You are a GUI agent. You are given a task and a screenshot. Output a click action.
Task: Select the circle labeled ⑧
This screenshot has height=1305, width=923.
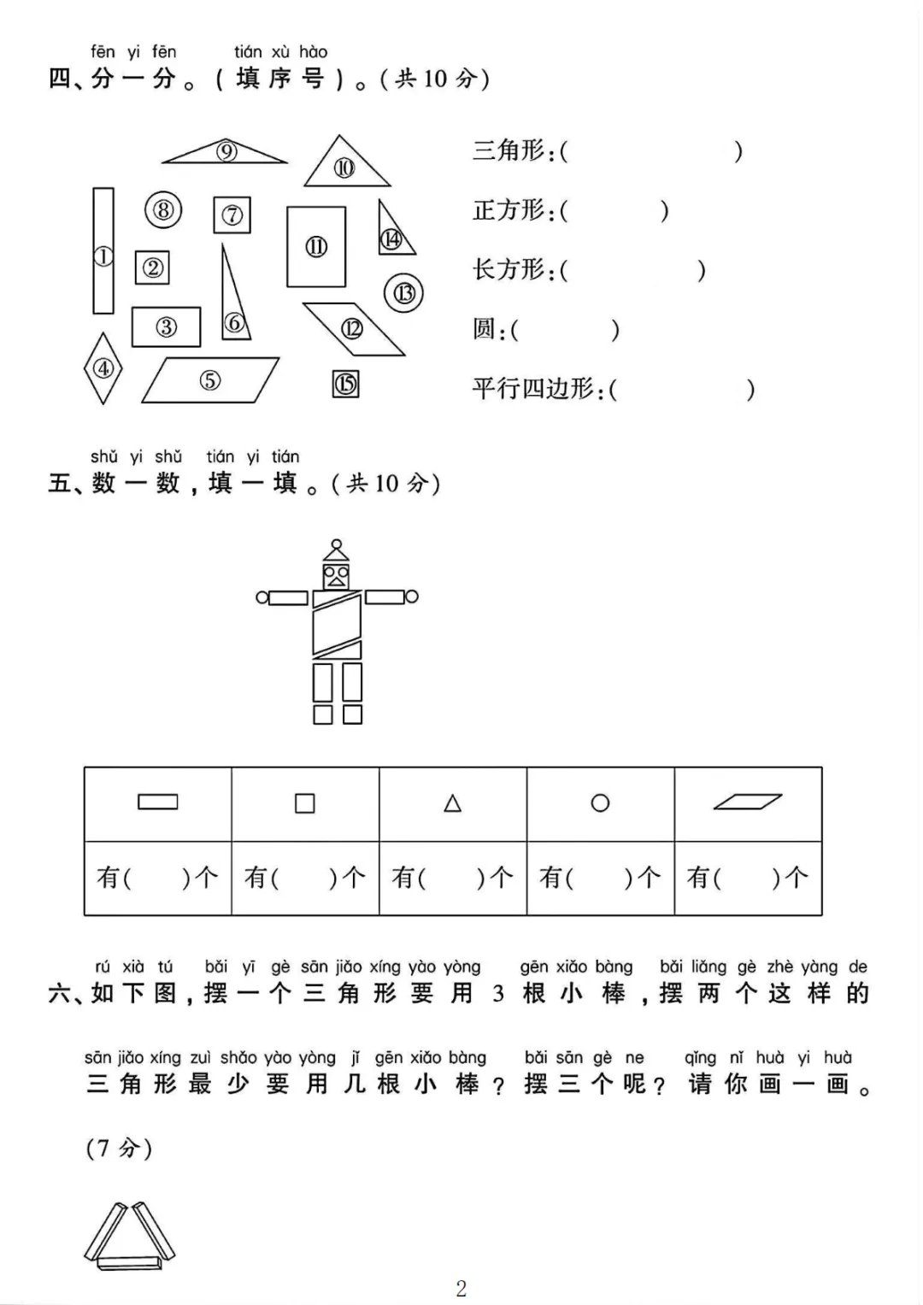[x=163, y=209]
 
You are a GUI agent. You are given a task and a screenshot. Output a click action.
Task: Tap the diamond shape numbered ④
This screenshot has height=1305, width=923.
[x=103, y=368]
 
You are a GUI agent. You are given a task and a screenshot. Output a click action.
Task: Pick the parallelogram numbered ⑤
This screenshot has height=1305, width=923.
[x=210, y=380]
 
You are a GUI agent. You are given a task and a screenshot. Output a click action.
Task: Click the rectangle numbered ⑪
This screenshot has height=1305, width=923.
[x=316, y=246]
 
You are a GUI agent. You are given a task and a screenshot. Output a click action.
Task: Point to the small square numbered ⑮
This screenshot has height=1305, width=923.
[x=345, y=384]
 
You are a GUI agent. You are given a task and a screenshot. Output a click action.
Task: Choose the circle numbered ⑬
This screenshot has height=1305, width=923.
[x=403, y=293]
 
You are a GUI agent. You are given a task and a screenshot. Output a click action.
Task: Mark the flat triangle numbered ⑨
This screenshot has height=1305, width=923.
[x=226, y=153]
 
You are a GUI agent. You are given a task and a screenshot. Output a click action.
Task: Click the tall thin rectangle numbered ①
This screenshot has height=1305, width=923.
[x=103, y=251]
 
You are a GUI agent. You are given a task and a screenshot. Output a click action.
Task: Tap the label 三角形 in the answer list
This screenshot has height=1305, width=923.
[x=509, y=151]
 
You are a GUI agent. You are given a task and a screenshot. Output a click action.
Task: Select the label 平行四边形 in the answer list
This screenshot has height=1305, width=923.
[x=533, y=389]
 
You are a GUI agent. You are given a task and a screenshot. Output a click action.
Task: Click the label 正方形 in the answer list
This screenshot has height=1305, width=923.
[x=509, y=210]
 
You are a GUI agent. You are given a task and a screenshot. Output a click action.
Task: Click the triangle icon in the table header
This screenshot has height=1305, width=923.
[x=453, y=803]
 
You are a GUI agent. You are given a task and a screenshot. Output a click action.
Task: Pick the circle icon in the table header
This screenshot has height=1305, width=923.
[x=600, y=803]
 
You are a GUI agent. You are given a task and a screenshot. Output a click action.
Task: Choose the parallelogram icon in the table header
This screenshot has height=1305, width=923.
[x=748, y=802]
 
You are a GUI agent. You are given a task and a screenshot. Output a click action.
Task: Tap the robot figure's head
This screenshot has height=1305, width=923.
[x=336, y=574]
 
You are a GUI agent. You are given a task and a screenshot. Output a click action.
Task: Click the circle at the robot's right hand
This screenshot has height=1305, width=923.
[x=412, y=597]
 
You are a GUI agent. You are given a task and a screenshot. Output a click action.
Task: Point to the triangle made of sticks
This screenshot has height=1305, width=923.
[x=130, y=1236]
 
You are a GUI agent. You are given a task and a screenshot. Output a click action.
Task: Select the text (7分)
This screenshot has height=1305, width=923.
[x=119, y=1148]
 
